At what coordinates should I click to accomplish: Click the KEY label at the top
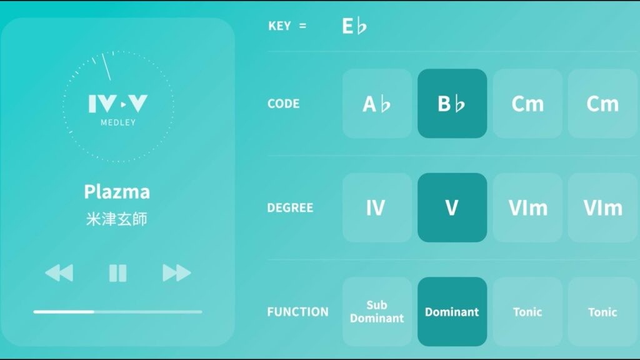pos(279,26)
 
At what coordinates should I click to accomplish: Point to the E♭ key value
pos(354,26)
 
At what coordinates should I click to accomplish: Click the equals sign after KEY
pos(302,26)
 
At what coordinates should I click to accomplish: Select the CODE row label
pos(283,104)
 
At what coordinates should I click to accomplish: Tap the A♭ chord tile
pos(377,103)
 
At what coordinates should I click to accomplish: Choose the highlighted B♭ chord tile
pos(452,103)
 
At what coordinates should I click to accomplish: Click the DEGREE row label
pos(290,207)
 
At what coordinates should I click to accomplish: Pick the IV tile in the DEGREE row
pos(377,207)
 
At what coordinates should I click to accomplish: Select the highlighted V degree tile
pos(452,207)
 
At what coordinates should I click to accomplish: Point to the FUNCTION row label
pos(297,312)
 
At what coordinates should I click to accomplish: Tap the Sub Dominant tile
pos(377,311)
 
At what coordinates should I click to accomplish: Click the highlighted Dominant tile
pos(452,311)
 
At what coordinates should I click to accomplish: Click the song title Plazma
pos(117,192)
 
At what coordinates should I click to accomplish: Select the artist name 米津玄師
pos(117,219)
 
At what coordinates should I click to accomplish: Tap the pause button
pos(118,273)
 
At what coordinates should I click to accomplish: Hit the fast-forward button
pos(176,273)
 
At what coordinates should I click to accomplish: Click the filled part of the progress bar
pos(64,312)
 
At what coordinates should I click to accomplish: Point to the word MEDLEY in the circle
pos(118,122)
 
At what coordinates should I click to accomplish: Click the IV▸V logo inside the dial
pos(118,104)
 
